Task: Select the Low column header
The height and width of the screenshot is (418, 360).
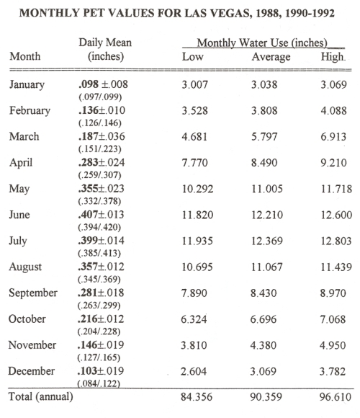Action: (x=193, y=56)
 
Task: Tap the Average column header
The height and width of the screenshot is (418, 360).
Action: (x=271, y=57)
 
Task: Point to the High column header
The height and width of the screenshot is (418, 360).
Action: (x=333, y=57)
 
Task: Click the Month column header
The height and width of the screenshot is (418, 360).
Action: (x=25, y=56)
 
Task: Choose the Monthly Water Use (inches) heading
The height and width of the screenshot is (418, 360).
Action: (x=262, y=43)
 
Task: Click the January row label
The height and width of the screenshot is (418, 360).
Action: (x=27, y=84)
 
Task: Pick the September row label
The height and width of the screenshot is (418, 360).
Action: (x=33, y=293)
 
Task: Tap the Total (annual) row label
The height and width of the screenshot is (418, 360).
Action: (x=41, y=396)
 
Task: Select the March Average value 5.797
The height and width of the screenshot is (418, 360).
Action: (x=264, y=137)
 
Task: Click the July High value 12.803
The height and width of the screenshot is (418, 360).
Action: (x=336, y=241)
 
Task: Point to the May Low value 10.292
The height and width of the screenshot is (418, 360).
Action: (x=197, y=189)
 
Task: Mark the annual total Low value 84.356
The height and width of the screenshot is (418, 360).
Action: (x=197, y=397)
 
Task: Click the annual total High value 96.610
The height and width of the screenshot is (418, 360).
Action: (x=336, y=397)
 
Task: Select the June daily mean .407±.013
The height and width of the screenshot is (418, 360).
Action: (x=101, y=215)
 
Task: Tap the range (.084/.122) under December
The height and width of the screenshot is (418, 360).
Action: (x=99, y=383)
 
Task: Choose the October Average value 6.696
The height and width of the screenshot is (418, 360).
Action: (x=264, y=319)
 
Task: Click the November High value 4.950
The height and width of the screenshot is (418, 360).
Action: (x=333, y=345)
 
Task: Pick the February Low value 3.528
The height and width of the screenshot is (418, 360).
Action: (x=194, y=111)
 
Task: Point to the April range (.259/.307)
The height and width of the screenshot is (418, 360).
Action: (x=99, y=175)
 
